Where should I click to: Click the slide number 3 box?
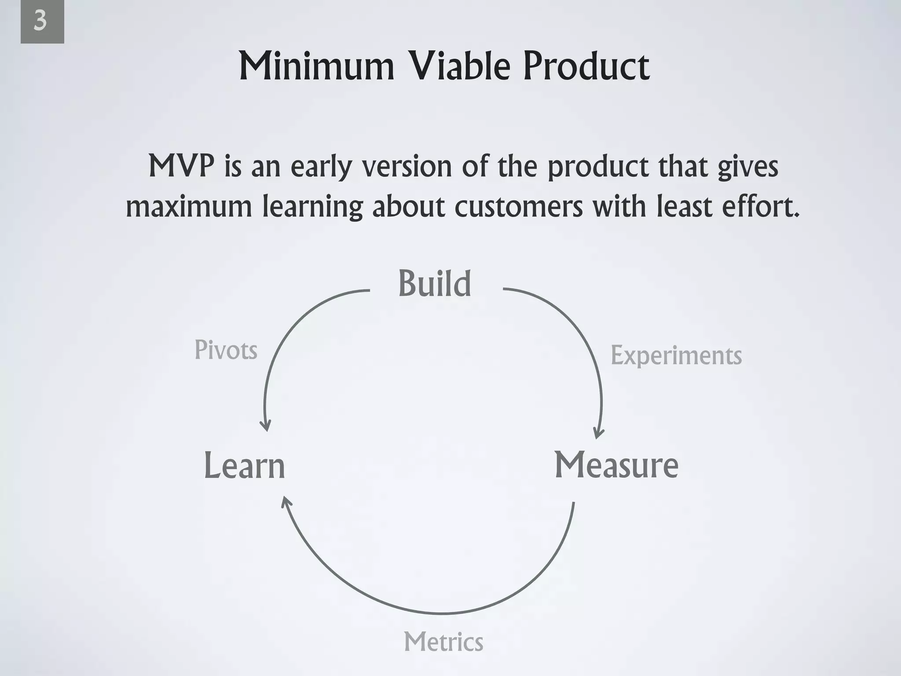[42, 22]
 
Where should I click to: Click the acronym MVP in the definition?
[181, 166]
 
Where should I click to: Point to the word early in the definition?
[321, 167]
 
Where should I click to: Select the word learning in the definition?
[313, 207]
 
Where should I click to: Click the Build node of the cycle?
[435, 284]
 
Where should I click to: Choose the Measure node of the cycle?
[616, 465]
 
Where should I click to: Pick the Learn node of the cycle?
[245, 466]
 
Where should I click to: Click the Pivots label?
[226, 350]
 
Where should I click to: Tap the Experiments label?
[676, 356]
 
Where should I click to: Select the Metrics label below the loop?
[443, 642]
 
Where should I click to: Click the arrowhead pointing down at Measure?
[598, 434]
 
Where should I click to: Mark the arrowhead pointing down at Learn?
[265, 426]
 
